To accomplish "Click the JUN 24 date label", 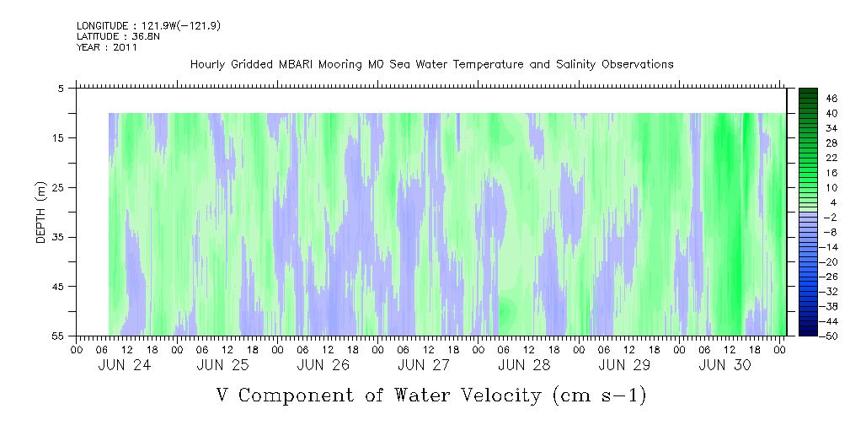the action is point(124,365).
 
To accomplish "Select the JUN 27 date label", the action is point(424,365).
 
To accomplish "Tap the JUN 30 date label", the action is point(724,365).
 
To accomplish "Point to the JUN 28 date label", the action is point(524,365).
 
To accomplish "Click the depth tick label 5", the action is point(61,88).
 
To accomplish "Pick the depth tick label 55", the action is point(57,336).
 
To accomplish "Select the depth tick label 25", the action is point(57,187).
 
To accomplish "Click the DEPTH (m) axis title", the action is point(41,212).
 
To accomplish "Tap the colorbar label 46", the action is point(831,99).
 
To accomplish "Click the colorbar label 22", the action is point(831,158).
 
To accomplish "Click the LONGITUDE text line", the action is point(148,26).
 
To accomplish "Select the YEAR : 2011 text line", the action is point(107,47).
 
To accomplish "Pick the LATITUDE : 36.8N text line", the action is point(118,37).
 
